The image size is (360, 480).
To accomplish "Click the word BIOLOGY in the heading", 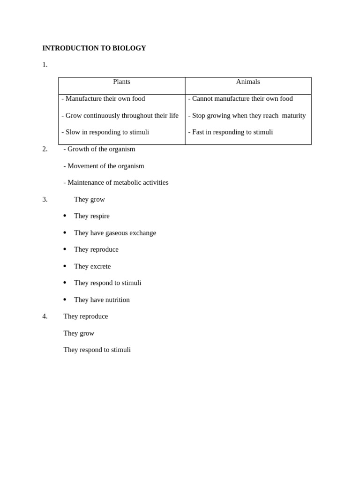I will pos(129,48).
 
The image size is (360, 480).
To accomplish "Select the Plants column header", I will pos(121,82).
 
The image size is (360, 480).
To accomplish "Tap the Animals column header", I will pos(248,82).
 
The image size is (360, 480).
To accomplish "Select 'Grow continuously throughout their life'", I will pos(120,115).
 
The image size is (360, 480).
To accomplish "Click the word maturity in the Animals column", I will pos(293,115).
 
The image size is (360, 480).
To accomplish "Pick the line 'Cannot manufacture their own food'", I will pos(240,98).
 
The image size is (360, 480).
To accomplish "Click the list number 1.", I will pos(45,65).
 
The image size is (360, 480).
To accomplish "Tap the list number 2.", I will pos(45,149).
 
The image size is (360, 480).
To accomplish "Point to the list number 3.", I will pos(45,199).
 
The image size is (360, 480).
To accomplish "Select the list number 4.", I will pos(45,316).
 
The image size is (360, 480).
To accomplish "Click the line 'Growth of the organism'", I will pos(99,149).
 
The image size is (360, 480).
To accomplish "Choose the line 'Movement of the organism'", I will pos(104,166).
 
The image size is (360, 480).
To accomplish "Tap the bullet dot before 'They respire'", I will pos(65,216).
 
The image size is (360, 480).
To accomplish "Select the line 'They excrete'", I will pos(92,266).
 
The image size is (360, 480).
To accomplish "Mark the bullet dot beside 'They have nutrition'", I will pos(65,300).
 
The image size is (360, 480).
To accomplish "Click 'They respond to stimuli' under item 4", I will pos(97,350).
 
